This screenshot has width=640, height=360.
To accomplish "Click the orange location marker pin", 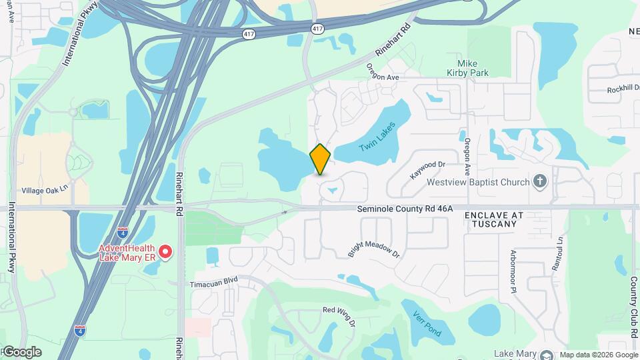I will (321, 159).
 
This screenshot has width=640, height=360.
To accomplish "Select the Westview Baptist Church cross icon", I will (540, 181).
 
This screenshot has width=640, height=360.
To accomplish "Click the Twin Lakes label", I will (377, 136).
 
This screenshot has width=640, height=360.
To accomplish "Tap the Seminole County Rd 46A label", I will (405, 209).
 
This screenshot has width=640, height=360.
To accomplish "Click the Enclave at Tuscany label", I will (494, 220).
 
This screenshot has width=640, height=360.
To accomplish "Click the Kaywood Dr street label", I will (427, 169).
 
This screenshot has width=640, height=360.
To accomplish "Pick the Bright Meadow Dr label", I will (373, 245).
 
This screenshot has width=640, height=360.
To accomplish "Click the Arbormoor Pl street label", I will (513, 271).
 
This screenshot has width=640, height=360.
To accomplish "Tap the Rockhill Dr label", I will (623, 89).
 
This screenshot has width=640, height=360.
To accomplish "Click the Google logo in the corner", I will (21, 352).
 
